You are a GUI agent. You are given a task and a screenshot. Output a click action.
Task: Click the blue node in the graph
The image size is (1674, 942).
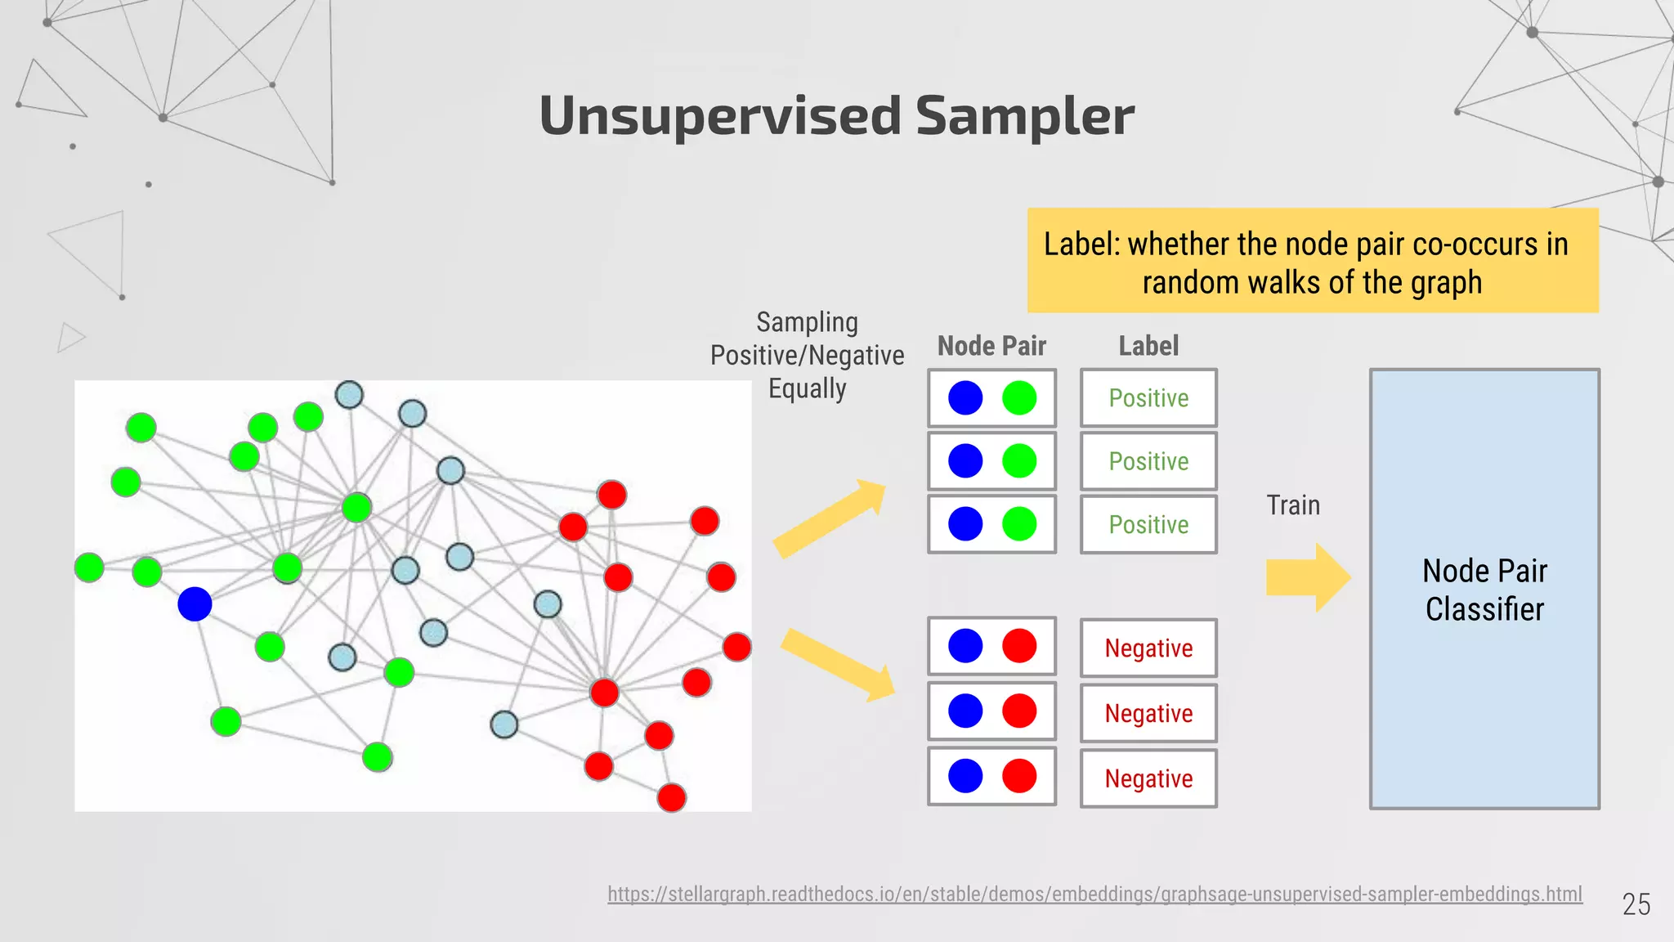tap(195, 604)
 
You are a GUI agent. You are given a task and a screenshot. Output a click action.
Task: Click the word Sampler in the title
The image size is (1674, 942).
tap(1024, 115)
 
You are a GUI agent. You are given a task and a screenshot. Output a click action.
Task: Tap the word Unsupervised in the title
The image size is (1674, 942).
tap(719, 115)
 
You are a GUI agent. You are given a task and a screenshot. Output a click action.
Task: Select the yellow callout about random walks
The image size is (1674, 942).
tap(1313, 261)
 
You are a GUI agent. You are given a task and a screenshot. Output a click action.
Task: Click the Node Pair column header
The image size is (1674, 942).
tap(991, 346)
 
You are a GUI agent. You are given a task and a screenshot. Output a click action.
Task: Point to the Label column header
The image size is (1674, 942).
tap(1148, 346)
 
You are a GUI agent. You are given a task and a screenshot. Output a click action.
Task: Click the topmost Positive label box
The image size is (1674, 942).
tap(1148, 398)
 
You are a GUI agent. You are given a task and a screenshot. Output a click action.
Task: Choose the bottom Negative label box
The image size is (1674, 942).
tap(1148, 778)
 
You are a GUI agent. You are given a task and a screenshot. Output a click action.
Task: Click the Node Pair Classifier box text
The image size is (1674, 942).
tap(1484, 590)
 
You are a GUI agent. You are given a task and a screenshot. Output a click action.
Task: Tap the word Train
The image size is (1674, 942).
tap(1293, 505)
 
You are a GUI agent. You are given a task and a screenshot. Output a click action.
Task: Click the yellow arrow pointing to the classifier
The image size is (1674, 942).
tap(1307, 577)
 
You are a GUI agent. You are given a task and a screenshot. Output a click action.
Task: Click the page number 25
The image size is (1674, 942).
tap(1636, 904)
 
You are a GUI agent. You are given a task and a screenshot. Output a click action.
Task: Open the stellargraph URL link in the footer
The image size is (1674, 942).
tap(1094, 894)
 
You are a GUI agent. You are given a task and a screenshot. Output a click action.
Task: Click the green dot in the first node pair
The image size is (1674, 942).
tap(1019, 398)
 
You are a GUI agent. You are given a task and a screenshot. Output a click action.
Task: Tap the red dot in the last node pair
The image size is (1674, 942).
tap(1019, 776)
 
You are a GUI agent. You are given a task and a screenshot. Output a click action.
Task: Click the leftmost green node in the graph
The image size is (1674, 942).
tap(89, 567)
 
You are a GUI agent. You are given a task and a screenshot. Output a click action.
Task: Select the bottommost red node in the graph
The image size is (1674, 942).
tap(671, 797)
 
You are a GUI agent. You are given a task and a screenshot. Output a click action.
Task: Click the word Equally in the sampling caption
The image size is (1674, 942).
tap(807, 388)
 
